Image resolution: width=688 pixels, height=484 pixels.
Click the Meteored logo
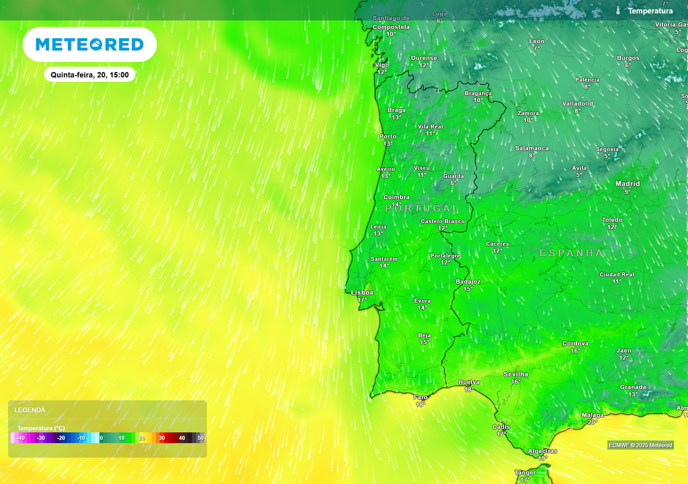tap(89, 44)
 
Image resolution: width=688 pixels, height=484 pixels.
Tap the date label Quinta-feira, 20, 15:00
tap(89, 75)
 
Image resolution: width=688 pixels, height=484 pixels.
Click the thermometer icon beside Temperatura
tap(617, 11)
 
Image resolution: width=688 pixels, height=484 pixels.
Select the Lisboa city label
tap(362, 292)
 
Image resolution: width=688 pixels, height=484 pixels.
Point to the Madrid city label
tap(628, 184)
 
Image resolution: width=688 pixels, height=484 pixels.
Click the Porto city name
tap(388, 136)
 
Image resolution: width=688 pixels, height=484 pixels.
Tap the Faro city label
tap(421, 397)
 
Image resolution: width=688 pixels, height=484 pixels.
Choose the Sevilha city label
tap(515, 374)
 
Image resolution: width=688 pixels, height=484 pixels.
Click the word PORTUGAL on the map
tap(422, 209)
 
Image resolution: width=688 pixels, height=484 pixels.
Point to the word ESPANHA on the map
tap(571, 253)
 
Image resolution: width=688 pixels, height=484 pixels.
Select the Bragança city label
tap(478, 93)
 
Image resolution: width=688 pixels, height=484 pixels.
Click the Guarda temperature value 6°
tap(454, 183)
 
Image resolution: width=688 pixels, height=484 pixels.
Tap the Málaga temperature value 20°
tap(593, 422)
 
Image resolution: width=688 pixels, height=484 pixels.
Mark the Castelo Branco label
tap(443, 221)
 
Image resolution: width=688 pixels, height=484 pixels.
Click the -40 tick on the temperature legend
tap(21, 438)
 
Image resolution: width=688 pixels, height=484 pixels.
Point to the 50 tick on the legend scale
tap(200, 438)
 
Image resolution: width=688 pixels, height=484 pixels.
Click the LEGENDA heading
tap(30, 410)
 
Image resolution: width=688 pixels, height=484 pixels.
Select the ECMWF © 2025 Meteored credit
tap(640, 445)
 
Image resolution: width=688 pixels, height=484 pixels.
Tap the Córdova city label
tap(575, 344)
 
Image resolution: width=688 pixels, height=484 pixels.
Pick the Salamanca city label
tap(531, 149)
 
